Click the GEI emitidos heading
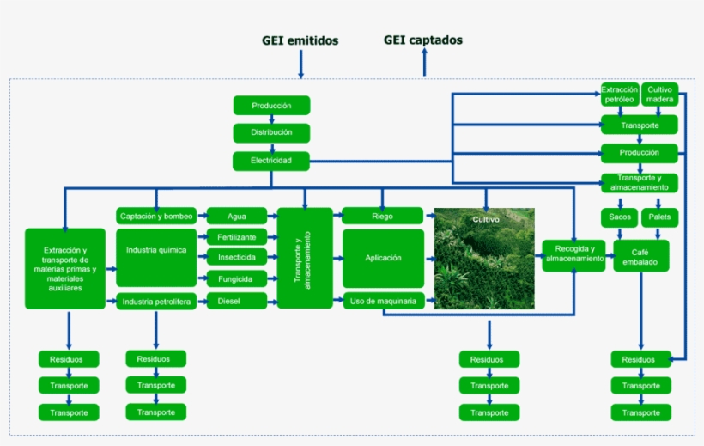click(x=300, y=40)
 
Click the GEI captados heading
click(x=423, y=40)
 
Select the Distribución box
click(x=271, y=133)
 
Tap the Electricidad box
click(x=271, y=161)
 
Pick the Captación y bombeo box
click(x=156, y=216)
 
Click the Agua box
click(x=236, y=216)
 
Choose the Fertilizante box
click(x=236, y=236)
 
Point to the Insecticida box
click(x=236, y=257)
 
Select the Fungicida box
click(x=236, y=278)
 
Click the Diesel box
click(x=236, y=301)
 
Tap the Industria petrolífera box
click(x=156, y=301)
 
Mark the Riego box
click(x=383, y=216)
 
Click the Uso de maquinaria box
click(x=383, y=301)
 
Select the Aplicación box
click(x=383, y=258)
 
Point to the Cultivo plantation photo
click(x=484, y=258)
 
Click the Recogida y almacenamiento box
click(x=574, y=255)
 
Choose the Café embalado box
click(x=640, y=256)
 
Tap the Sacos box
click(x=619, y=217)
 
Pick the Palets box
click(x=660, y=217)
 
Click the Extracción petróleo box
click(x=619, y=94)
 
